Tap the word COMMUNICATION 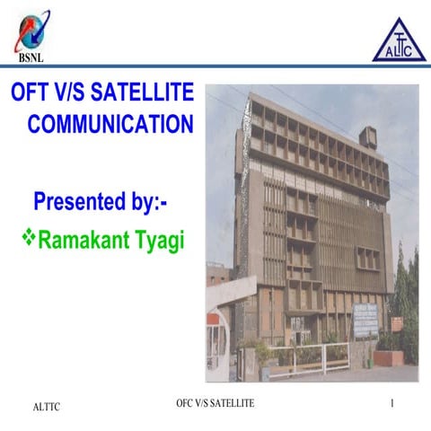(110, 124)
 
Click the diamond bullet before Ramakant (26, 239)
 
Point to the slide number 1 (392, 404)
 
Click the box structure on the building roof (368, 136)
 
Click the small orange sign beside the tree (396, 324)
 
